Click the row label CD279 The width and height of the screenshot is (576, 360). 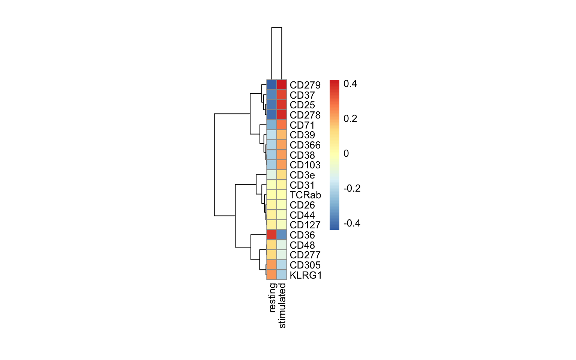[x=305, y=85]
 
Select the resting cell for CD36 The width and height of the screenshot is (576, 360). [x=271, y=235]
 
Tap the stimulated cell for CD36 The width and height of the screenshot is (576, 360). [x=282, y=235]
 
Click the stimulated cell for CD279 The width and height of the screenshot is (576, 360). [x=282, y=85]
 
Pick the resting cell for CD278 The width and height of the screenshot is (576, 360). [x=271, y=115]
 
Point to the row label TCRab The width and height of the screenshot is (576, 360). [x=305, y=195]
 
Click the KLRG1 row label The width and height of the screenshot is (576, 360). [x=306, y=275]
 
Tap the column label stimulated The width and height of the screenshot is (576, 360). [x=282, y=306]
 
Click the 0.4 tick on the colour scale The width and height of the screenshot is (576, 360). [x=350, y=84]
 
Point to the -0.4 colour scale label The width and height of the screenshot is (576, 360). [x=352, y=223]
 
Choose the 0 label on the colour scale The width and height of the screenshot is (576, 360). [x=346, y=153]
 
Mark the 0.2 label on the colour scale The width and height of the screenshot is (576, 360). [x=350, y=119]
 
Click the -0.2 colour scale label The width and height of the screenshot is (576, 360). [x=352, y=189]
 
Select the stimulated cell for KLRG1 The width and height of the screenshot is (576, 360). [x=282, y=274]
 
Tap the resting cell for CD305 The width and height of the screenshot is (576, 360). [x=271, y=265]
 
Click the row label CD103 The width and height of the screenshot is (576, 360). [x=305, y=165]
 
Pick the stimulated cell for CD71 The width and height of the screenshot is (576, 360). [x=282, y=125]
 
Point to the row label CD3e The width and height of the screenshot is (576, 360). [x=302, y=175]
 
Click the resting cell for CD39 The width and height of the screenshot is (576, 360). [x=271, y=135]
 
